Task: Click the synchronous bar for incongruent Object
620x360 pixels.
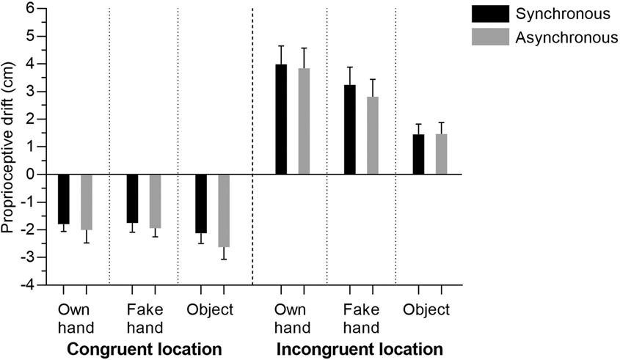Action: coord(418,155)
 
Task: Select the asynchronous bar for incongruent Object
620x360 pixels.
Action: coord(442,155)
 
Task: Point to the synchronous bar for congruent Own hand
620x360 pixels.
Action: coord(64,199)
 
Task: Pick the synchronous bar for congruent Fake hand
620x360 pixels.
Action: coord(132,198)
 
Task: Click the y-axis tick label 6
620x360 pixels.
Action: coord(29,9)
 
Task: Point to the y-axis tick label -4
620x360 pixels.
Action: coord(27,284)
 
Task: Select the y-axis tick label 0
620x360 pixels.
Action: coord(29,175)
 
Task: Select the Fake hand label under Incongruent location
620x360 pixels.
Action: coord(360,318)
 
